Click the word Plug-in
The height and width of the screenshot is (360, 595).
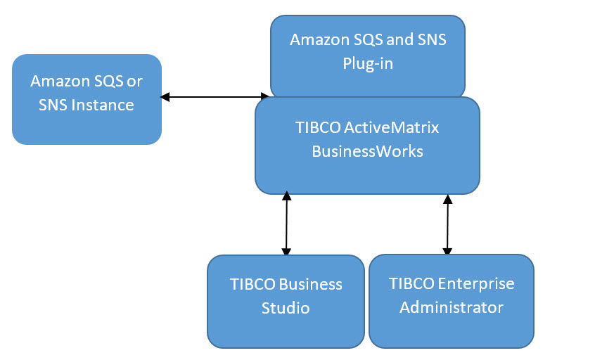click(368, 63)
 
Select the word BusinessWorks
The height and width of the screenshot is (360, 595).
click(367, 150)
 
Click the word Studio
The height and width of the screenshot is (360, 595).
click(286, 308)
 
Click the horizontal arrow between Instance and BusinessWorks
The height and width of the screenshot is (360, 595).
click(215, 97)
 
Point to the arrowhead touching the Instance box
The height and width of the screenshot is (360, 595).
click(165, 97)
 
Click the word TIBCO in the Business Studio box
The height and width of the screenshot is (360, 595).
click(252, 285)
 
